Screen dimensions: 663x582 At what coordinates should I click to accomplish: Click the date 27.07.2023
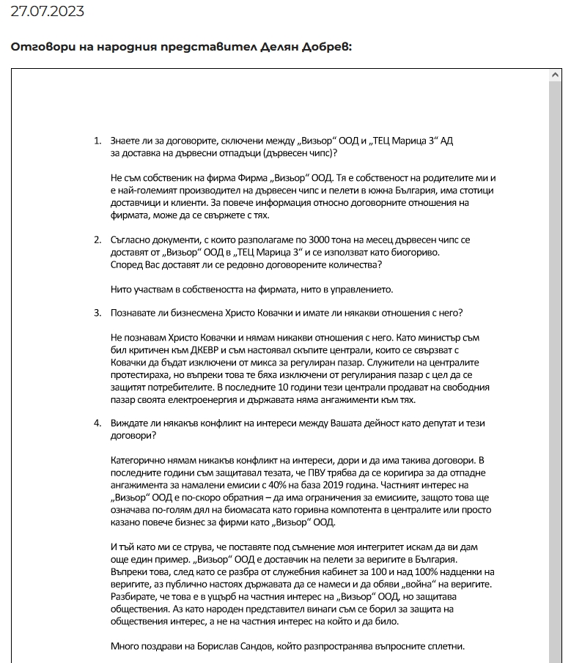(x=47, y=11)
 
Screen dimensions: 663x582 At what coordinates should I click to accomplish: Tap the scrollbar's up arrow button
(x=556, y=75)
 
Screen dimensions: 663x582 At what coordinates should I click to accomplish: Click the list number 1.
(x=97, y=141)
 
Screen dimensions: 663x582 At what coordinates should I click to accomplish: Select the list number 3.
(x=97, y=313)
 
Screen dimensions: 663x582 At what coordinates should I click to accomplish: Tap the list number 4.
(x=97, y=423)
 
